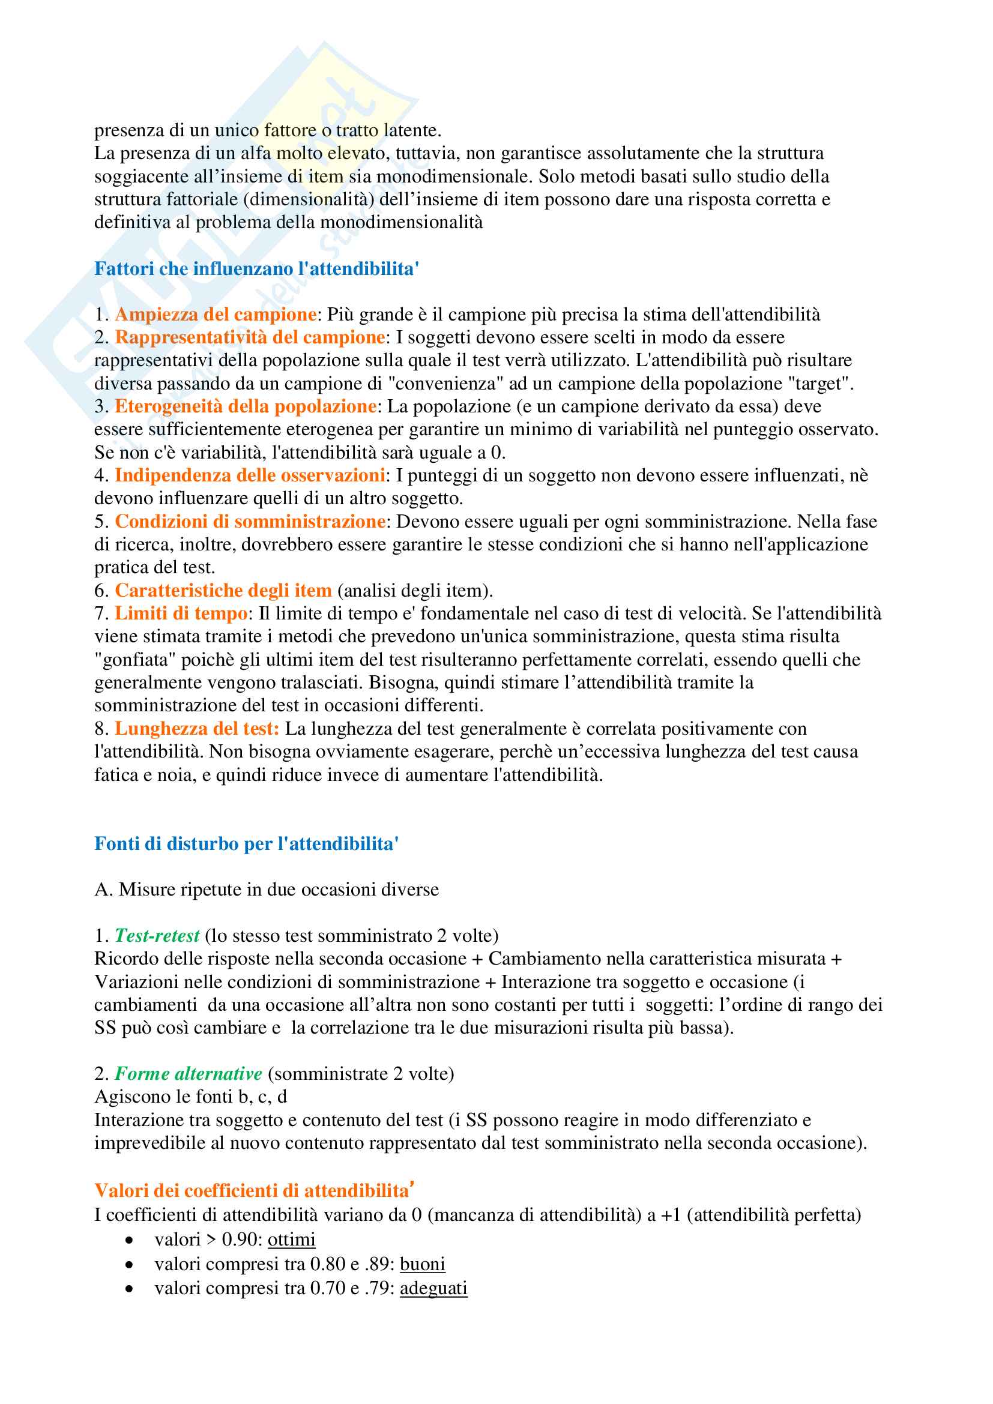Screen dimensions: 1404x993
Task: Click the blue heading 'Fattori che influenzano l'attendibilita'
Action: [256, 268]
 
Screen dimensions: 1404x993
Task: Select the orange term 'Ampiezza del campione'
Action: [216, 315]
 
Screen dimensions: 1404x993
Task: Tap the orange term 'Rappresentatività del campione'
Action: [250, 337]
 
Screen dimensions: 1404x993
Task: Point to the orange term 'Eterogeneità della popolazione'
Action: [245, 406]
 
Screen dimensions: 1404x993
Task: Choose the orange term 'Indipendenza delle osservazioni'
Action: [250, 475]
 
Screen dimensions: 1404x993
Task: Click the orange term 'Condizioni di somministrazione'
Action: [250, 521]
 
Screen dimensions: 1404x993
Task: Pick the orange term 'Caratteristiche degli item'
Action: [223, 590]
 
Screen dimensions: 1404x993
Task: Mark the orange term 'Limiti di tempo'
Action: [181, 613]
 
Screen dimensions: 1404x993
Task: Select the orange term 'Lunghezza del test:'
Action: [197, 728]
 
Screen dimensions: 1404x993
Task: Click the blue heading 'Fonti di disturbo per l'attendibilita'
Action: [246, 844]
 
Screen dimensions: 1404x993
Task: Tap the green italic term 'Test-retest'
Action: [157, 936]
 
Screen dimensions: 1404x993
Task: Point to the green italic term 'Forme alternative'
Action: [189, 1074]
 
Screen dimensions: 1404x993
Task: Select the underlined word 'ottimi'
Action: [292, 1240]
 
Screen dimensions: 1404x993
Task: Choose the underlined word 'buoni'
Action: [423, 1264]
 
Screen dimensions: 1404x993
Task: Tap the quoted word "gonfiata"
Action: [135, 659]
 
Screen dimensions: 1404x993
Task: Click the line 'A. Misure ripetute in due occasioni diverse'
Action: [267, 889]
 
